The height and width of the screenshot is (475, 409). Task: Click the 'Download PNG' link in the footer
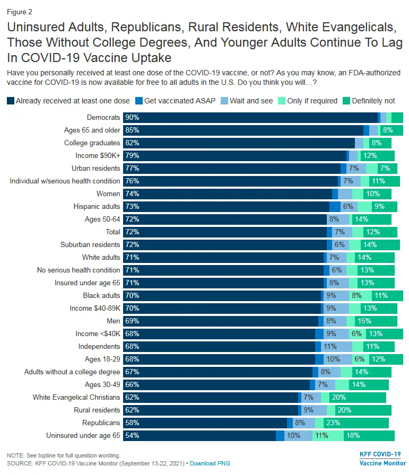(x=210, y=463)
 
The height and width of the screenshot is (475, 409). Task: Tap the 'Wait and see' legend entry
(x=251, y=101)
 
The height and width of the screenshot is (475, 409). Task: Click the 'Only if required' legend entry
(x=312, y=101)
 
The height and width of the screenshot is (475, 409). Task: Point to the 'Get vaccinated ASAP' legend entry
(x=180, y=101)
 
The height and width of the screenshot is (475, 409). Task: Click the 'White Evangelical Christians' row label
(x=76, y=398)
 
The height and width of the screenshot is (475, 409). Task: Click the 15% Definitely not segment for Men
(x=364, y=321)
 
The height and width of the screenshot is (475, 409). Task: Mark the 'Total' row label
(x=113, y=232)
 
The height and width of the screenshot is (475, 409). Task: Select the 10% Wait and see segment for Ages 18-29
(x=333, y=359)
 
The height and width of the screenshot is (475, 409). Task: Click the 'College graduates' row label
(x=92, y=143)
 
